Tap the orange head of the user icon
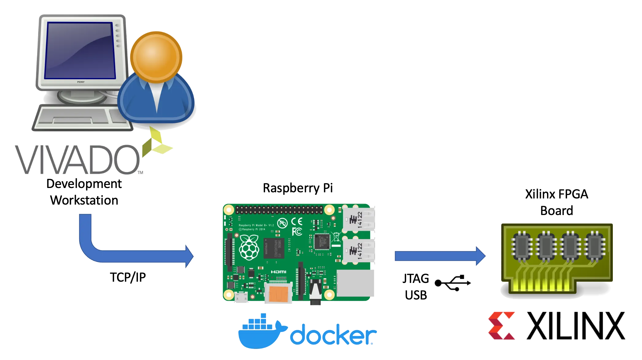[x=156, y=57]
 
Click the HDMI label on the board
[x=278, y=272]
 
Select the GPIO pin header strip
[x=279, y=210]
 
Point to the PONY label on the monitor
[x=81, y=82]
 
